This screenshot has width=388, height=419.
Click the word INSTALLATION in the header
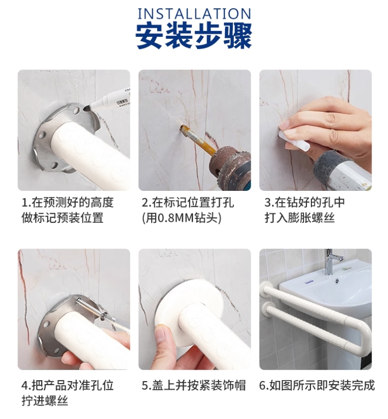point(194,14)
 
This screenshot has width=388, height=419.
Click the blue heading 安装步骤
point(194,35)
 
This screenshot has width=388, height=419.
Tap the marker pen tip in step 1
point(87,108)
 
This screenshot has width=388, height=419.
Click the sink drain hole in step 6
point(337,281)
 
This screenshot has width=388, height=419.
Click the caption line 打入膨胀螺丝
point(300,218)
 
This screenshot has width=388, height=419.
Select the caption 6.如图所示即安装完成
point(317,385)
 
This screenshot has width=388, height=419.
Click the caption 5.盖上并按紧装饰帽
point(194,385)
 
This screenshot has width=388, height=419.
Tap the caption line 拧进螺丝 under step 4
point(45,401)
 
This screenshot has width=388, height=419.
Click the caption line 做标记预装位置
point(63,218)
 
